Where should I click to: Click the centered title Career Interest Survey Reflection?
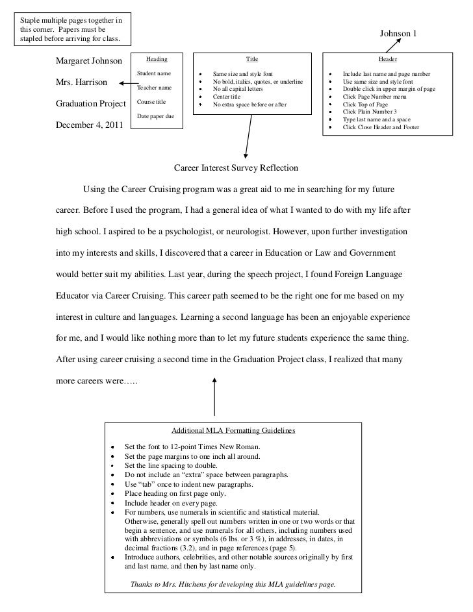(x=236, y=167)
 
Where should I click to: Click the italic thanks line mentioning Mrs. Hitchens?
(x=233, y=584)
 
